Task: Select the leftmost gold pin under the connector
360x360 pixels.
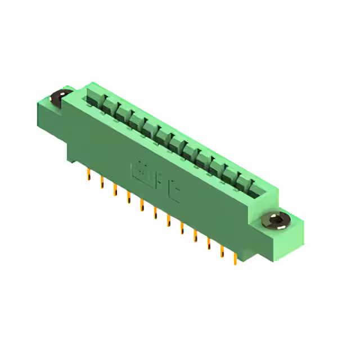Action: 88,174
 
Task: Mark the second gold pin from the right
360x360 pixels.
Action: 222,250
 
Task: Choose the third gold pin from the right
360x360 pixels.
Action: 208,242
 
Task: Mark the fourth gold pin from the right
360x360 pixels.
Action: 195,235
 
